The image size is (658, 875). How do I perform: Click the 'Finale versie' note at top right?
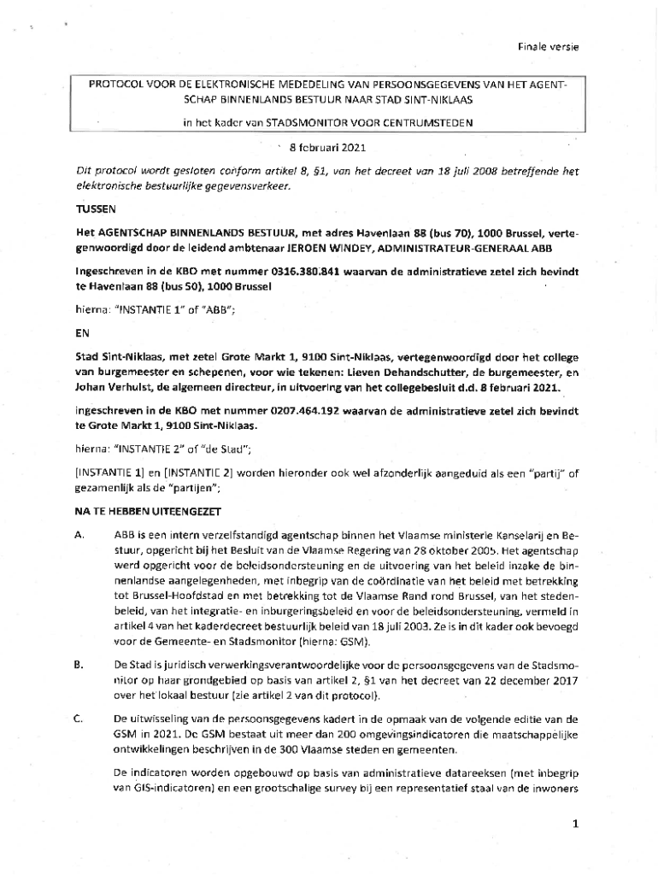(548, 46)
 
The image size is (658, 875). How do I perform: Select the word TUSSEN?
(95, 208)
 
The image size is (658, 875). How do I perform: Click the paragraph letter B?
(79, 665)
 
